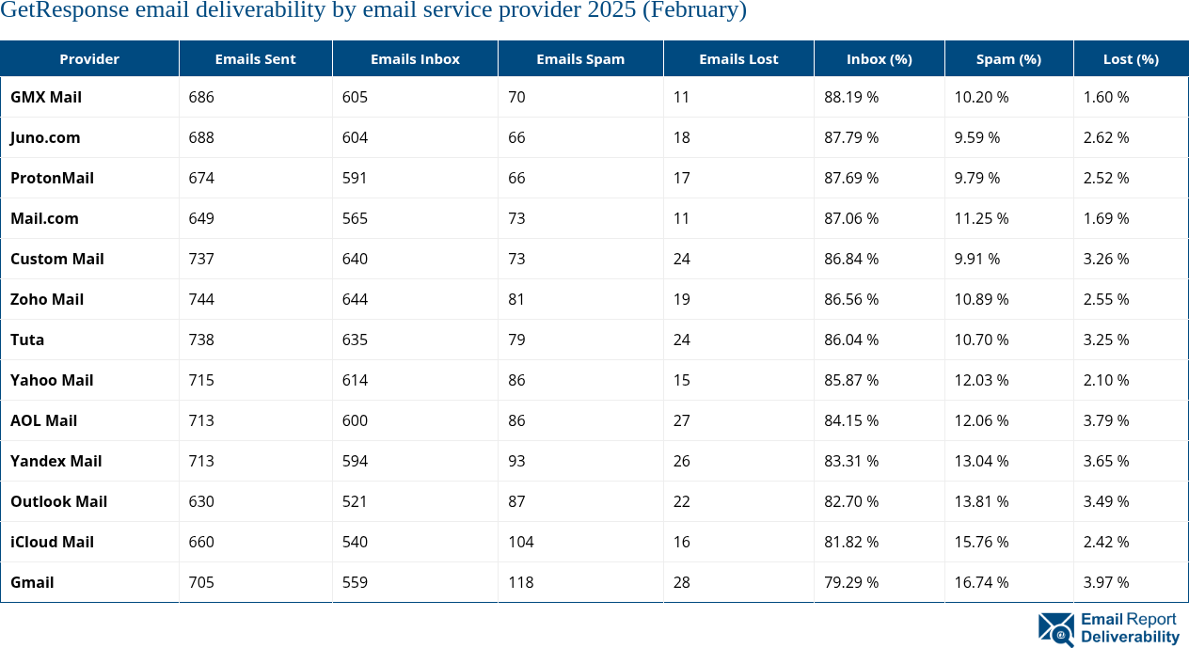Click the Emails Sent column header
point(255,58)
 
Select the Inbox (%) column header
point(879,58)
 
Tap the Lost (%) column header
point(1131,58)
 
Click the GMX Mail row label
point(46,97)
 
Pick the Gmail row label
point(32,582)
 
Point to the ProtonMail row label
point(52,178)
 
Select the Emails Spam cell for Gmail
point(520,582)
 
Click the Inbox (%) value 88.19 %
point(851,97)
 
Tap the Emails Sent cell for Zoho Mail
point(201,299)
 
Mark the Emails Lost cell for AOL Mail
point(682,420)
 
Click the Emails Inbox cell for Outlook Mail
point(355,501)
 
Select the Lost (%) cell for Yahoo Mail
point(1106,380)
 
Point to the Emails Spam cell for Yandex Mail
point(516,461)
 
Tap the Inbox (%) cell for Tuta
point(851,340)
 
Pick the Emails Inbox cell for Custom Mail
point(355,259)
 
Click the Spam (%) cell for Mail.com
point(981,218)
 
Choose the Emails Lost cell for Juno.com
point(682,137)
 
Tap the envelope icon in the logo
point(1056,629)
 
